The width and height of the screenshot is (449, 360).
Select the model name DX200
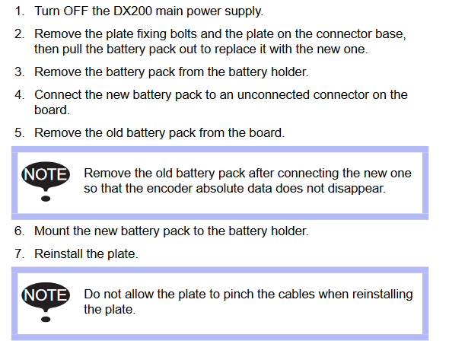tap(133, 11)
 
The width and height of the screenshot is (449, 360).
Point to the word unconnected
tap(273, 95)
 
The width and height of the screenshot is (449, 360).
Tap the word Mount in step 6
tap(52, 231)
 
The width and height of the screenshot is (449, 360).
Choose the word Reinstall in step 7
tap(59, 254)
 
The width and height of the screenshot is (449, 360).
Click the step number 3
tap(19, 72)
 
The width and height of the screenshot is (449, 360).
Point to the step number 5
tap(19, 133)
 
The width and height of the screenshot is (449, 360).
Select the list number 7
tap(19, 254)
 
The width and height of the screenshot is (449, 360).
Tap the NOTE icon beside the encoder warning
tap(46, 181)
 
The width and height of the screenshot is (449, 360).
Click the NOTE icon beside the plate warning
tap(46, 302)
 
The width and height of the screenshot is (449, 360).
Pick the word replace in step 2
tap(235, 49)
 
